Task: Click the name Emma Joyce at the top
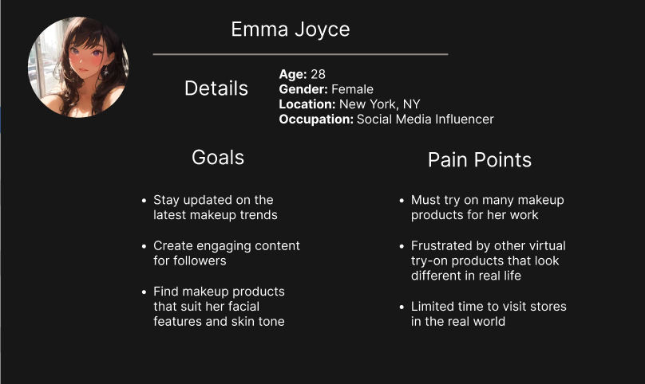[x=291, y=29]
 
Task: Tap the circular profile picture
[x=78, y=67]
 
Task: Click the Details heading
[x=216, y=88]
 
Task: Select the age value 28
[x=318, y=74]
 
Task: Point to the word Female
[x=353, y=89]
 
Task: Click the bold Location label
[x=307, y=104]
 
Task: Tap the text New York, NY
[x=380, y=104]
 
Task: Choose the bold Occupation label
[x=316, y=120]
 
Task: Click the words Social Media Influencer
[x=425, y=119]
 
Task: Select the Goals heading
[x=218, y=157]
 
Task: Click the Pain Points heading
[x=480, y=160]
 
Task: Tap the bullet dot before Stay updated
[x=144, y=201]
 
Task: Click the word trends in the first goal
[x=259, y=215]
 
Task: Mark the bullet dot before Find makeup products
[x=144, y=292]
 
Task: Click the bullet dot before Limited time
[x=402, y=307]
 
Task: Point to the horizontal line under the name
[x=300, y=54]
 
